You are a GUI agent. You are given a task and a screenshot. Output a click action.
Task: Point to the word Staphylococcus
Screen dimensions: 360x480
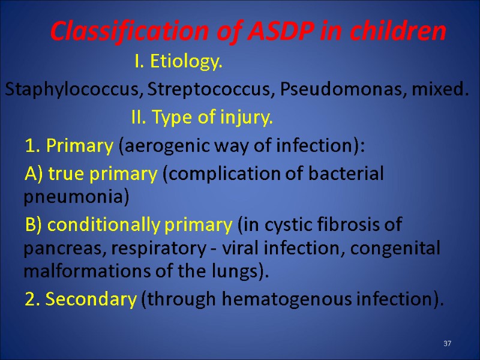pyautogui.click(x=74, y=91)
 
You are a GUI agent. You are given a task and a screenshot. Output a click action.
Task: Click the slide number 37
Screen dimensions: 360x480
pyautogui.click(x=447, y=344)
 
